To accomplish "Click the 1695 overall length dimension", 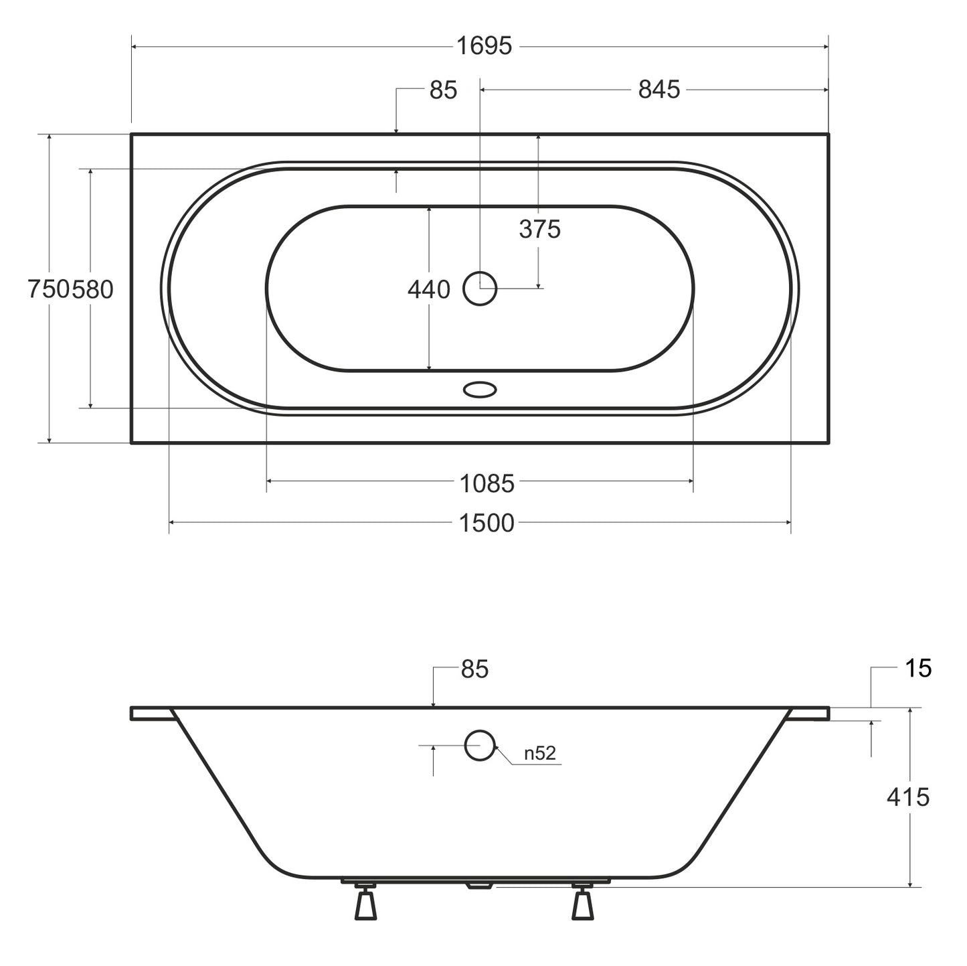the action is [484, 46].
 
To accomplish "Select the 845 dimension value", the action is [659, 90].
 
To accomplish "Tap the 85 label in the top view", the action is [443, 90].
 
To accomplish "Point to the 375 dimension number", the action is [539, 230].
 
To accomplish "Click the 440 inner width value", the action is [428, 290].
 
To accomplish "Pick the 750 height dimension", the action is [49, 289].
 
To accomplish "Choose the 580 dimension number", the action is [92, 289].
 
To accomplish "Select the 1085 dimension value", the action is [487, 484].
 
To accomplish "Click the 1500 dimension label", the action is [487, 524].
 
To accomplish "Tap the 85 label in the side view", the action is [474, 669].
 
